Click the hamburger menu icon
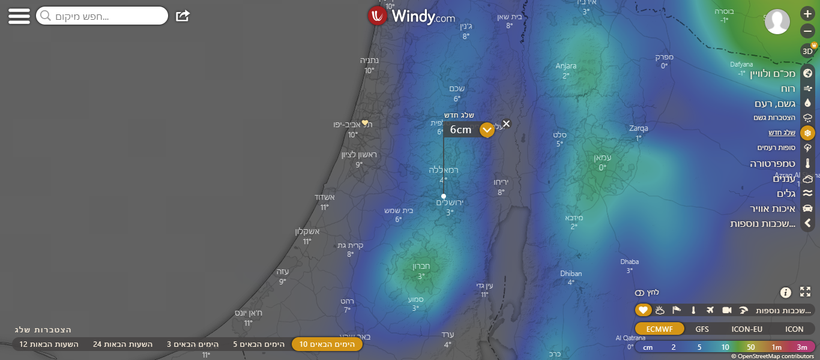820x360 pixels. pyautogui.click(x=19, y=16)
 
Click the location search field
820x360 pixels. pyautogui.click(x=102, y=16)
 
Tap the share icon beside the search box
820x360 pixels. pyautogui.click(x=182, y=16)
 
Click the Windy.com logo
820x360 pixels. pyautogui.click(x=412, y=16)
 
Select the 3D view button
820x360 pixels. pyautogui.click(x=807, y=51)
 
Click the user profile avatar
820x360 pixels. pyautogui.click(x=777, y=22)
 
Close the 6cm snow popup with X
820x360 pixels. pyautogui.click(x=506, y=124)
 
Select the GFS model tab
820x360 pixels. pyautogui.click(x=702, y=329)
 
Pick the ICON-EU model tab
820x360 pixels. pyautogui.click(x=747, y=329)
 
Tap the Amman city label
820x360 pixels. pyautogui.click(x=602, y=158)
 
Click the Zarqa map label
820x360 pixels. pyautogui.click(x=638, y=128)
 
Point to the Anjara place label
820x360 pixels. pyautogui.click(x=565, y=66)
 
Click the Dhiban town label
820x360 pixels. pyautogui.click(x=571, y=274)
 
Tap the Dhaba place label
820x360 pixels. pyautogui.click(x=629, y=262)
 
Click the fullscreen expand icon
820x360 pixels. pyautogui.click(x=805, y=292)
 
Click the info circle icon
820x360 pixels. pyautogui.click(x=786, y=292)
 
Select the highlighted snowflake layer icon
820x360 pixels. pyautogui.click(x=807, y=133)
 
